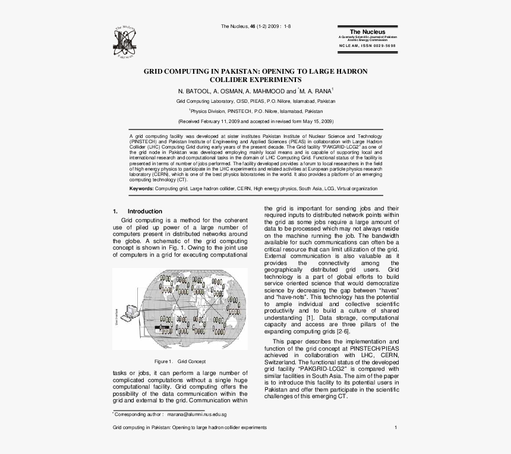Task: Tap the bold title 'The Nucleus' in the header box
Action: (367, 31)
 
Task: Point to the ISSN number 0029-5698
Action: (381, 45)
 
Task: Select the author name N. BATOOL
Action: (194, 92)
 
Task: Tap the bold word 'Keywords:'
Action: (142, 188)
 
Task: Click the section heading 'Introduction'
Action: (145, 212)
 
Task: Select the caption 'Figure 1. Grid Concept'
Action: (179, 361)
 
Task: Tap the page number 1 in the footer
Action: (396, 428)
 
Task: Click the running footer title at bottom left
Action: (190, 428)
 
